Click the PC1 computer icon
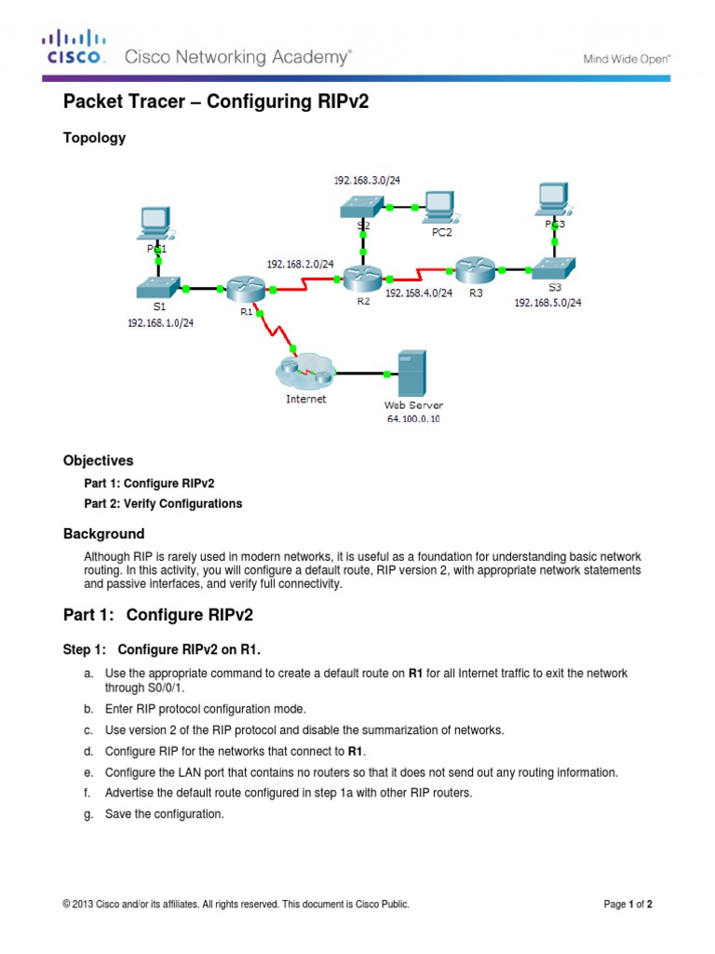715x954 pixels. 155,223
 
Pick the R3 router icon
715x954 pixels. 474,269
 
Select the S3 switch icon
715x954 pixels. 555,268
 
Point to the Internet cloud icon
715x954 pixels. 304,374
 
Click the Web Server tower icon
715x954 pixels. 412,374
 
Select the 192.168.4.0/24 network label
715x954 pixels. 418,293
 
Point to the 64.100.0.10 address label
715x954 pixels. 413,419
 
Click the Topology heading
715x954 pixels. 94,138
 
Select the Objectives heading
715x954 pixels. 98,460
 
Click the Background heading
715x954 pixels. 103,534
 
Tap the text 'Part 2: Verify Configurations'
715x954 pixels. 163,503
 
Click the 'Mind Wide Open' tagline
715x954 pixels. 627,59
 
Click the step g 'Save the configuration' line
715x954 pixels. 164,813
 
